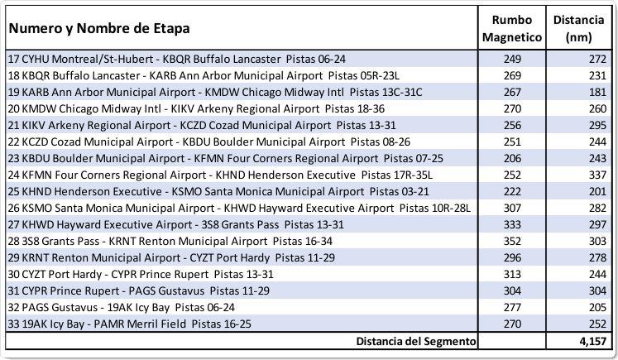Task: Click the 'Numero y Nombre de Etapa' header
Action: (99, 28)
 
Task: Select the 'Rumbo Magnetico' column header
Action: (512, 28)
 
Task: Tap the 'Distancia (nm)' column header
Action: (578, 28)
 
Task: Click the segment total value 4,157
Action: (593, 341)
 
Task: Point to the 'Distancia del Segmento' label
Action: (416, 341)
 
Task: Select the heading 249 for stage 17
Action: (512, 59)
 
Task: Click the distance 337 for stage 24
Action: (597, 175)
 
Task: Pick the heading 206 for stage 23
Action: (512, 159)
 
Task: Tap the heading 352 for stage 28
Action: (512, 242)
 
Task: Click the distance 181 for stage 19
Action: (597, 92)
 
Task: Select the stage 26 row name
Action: (239, 209)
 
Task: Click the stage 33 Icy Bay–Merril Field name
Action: (130, 324)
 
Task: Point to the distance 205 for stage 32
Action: (597, 308)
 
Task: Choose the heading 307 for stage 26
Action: (512, 209)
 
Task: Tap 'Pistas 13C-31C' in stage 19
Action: (386, 92)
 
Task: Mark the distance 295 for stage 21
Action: (597, 126)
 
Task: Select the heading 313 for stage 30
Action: (512, 275)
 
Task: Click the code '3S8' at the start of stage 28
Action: (30, 242)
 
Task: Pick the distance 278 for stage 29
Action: (597, 258)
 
